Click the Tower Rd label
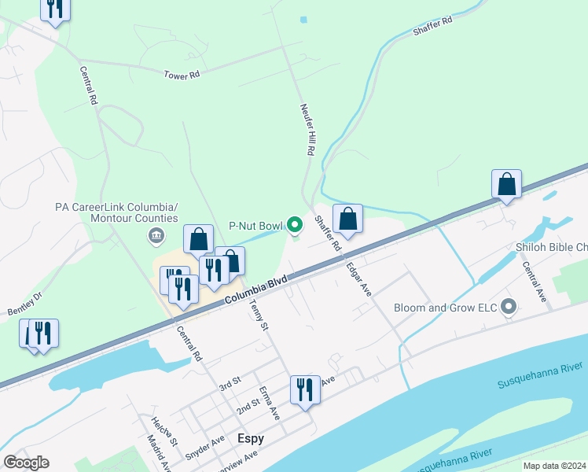tap(182, 75)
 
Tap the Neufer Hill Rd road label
tap(307, 130)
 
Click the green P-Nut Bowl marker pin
tap(295, 226)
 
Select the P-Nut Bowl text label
tap(255, 226)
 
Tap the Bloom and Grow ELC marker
tap(509, 307)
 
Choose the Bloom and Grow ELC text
tap(446, 308)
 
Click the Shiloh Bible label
tap(551, 247)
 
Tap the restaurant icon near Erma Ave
tap(305, 389)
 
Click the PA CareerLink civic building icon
tap(156, 235)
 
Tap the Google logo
tap(26, 463)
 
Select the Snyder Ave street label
tap(206, 447)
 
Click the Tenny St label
tap(259, 314)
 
